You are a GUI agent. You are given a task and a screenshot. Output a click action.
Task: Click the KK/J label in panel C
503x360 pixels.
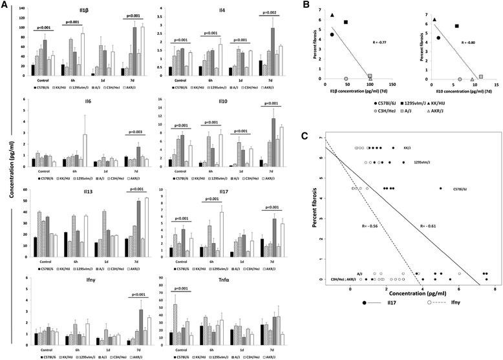(407, 148)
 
